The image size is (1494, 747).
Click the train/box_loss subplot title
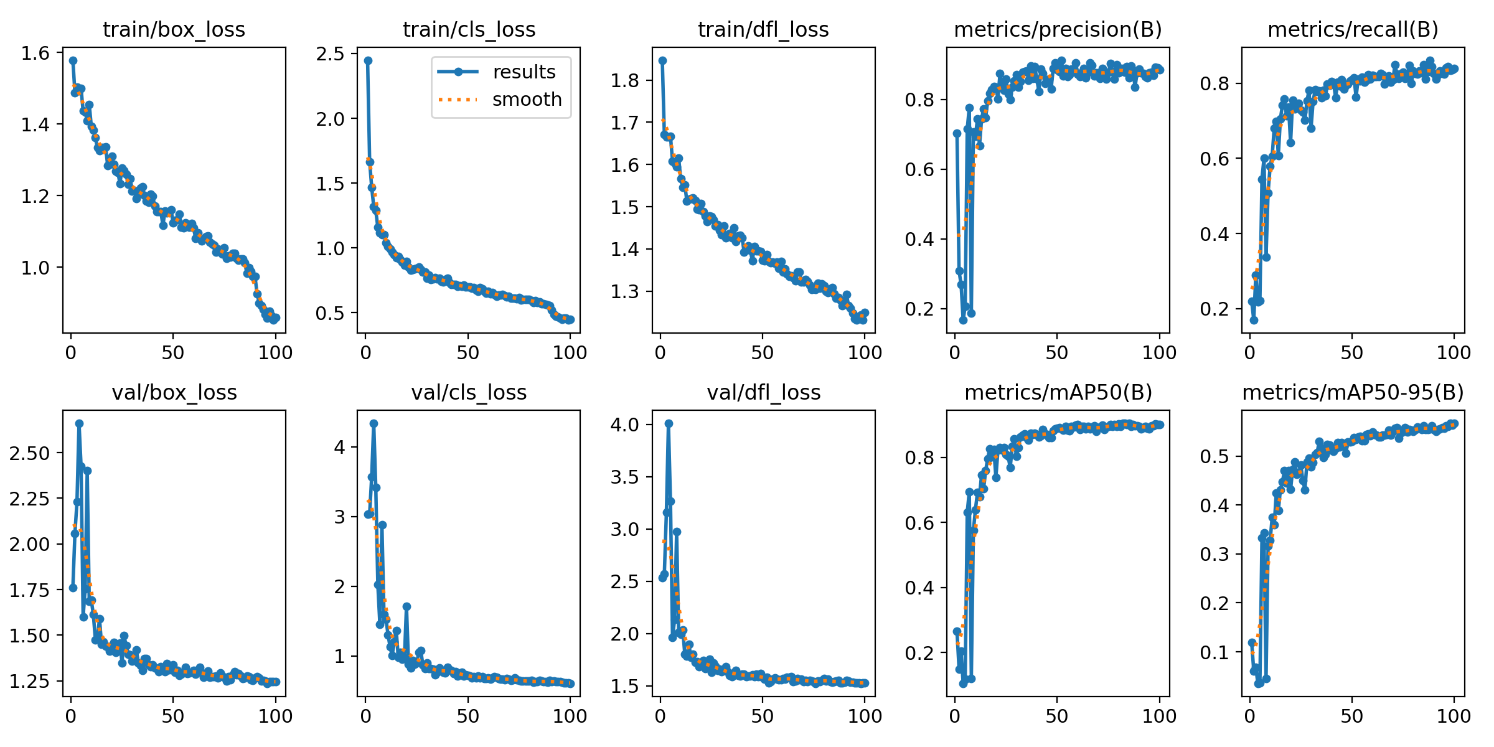coord(174,29)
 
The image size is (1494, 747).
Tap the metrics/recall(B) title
coord(1353,29)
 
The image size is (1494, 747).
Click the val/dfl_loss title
coord(763,392)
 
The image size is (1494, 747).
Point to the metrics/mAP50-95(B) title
coord(1353,392)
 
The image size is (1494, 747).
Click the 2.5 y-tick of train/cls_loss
coord(330,54)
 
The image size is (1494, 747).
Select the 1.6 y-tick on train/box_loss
coord(35,54)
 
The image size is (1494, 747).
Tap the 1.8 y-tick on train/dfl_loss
coord(624,81)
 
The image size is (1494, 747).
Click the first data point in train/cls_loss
coord(368,60)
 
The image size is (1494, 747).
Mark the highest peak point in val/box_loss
coord(79,423)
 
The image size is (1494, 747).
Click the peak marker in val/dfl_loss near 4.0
coord(669,423)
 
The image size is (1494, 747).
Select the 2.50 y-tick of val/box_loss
coord(29,453)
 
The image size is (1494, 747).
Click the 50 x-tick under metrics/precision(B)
coord(1056,353)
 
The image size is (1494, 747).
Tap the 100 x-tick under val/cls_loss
coord(570,716)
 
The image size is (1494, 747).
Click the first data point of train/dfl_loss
coord(662,60)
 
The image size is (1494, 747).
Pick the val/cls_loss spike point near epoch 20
coord(406,606)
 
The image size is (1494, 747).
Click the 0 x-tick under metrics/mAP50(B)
coord(955,716)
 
